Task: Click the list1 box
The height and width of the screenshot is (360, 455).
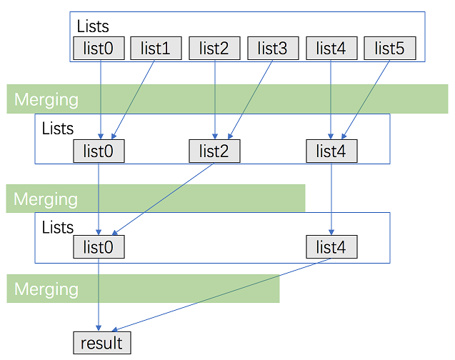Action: (156, 49)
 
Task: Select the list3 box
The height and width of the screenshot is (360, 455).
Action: (273, 49)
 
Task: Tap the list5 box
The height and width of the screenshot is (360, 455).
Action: (390, 49)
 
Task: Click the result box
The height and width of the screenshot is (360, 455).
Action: (102, 343)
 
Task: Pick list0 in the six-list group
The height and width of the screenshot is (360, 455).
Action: (99, 49)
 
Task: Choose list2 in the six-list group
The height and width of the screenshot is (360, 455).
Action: (214, 49)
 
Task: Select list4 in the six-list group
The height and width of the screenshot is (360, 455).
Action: (331, 49)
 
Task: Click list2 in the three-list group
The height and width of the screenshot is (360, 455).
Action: (214, 151)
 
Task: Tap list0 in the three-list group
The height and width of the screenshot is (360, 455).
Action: (99, 151)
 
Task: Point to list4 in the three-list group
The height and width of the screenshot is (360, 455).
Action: (331, 151)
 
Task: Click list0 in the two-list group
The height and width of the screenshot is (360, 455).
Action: (99, 247)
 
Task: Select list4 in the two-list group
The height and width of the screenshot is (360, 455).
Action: (331, 247)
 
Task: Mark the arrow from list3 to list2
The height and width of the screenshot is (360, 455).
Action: (250, 99)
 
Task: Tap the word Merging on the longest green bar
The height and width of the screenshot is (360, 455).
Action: (46, 99)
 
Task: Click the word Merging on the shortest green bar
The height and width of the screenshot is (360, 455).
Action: (46, 289)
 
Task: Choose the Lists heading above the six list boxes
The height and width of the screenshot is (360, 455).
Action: (93, 26)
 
